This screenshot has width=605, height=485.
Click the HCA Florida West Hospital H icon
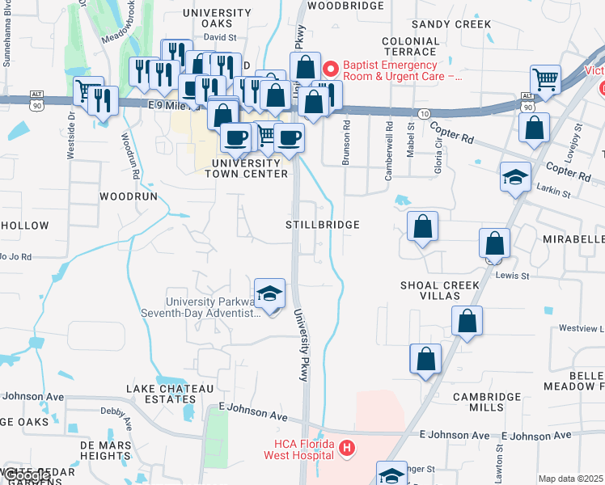[x=346, y=447]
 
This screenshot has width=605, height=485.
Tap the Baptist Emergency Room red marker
[x=329, y=68]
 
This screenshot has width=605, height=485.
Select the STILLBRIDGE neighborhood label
[x=323, y=224]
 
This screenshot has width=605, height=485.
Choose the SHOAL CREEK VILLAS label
[x=440, y=291]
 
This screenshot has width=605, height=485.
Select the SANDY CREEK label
[x=451, y=24]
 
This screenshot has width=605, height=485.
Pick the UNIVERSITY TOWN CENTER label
[x=250, y=168]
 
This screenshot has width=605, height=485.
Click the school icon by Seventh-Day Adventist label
[x=270, y=292]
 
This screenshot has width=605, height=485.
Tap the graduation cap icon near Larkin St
[x=515, y=177]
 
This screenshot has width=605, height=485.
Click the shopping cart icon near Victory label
[x=546, y=79]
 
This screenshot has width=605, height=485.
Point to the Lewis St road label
[x=512, y=276]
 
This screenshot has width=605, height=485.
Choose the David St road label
[x=219, y=37]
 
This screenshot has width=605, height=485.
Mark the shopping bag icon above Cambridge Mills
[x=425, y=359]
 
